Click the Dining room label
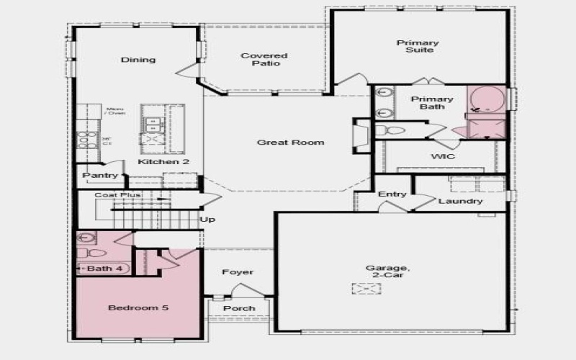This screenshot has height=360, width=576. click(x=138, y=60)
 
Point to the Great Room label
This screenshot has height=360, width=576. click(x=291, y=143)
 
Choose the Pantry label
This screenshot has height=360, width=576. click(x=100, y=176)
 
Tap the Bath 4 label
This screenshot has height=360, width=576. click(x=99, y=269)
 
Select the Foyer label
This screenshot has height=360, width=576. click(x=238, y=272)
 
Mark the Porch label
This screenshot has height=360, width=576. click(x=239, y=308)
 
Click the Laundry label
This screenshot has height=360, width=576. click(x=460, y=201)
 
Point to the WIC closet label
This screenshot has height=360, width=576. click(x=442, y=156)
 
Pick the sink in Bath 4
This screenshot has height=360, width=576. click(x=87, y=238)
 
